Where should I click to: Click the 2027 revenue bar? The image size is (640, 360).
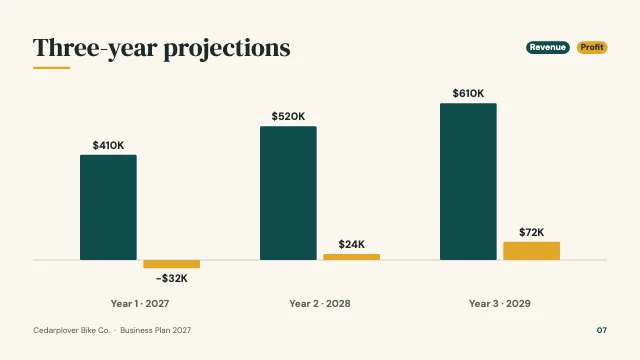pos(108,207)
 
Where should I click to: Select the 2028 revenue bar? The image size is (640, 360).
pos(288,193)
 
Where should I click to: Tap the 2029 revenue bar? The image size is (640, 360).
pos(468,181)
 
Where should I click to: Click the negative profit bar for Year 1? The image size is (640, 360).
pos(171,264)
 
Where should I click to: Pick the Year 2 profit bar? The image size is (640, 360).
pos(351,257)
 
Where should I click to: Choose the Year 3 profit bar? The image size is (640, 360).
pos(531,251)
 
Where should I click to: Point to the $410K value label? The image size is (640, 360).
pos(108,145)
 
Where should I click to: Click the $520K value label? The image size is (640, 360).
pos(288,116)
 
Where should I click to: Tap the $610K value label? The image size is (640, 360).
pos(468,93)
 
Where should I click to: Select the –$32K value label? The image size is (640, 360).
pos(171,278)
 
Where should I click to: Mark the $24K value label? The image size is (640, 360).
pos(351,244)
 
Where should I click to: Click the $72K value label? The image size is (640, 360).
pos(531,232)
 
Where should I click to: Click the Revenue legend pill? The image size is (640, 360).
pos(548,47)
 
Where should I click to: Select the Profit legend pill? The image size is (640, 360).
pos(592,47)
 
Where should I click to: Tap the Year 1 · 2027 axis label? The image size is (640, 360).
pos(140,304)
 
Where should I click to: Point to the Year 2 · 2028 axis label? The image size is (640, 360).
pos(320,304)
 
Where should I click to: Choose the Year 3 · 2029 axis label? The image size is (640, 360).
pos(500,304)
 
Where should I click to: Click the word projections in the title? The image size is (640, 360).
pos(227,49)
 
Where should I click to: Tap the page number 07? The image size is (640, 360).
pos(602,330)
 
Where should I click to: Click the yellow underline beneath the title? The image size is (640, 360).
pos(51,68)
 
